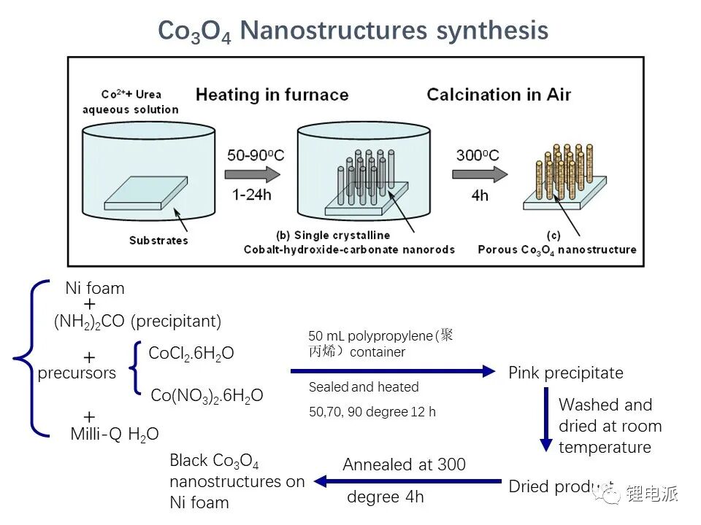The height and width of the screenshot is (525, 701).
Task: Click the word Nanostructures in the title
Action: coord(334,31)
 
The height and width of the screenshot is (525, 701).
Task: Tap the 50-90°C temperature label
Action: coord(256,155)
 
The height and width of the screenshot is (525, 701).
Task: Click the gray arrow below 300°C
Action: coord(480,174)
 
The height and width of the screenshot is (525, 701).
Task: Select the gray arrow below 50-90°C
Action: coord(252,174)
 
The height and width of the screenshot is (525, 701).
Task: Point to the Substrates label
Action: coord(158,240)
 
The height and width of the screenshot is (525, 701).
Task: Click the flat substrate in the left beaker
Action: coord(146,192)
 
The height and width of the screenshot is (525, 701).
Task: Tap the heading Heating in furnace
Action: coord(272,95)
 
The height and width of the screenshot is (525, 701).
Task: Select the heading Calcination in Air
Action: coord(499,95)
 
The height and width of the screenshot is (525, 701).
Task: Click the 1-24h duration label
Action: coord(251,195)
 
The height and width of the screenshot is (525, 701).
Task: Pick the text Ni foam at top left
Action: coord(95,288)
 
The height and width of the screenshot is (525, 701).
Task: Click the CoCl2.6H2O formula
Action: coord(191,354)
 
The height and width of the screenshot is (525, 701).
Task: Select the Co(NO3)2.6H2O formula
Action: coord(207,395)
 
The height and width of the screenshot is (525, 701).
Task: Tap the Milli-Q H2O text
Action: coord(115,434)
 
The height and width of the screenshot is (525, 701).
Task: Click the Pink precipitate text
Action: coord(566,373)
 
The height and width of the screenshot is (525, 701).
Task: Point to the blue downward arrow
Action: coord(546,420)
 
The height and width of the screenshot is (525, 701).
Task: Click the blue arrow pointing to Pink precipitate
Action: coord(393,371)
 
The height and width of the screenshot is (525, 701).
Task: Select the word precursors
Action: coord(77,373)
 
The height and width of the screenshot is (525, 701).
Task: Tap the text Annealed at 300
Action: coord(404,464)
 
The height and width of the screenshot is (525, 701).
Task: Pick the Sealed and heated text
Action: coord(364,386)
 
